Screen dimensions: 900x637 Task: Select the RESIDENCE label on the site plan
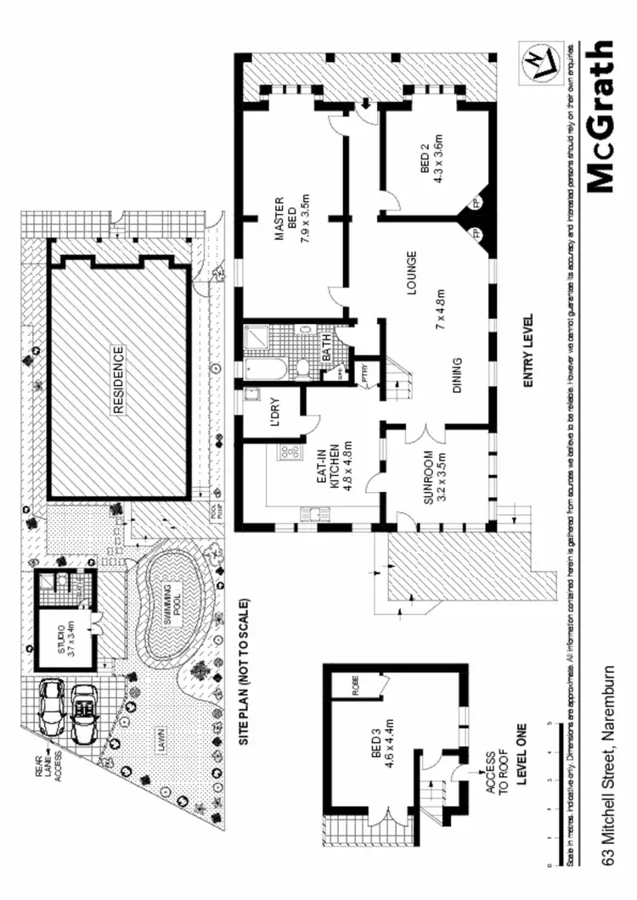point(118,379)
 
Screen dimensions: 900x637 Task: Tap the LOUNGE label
point(410,273)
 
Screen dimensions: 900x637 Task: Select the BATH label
point(326,353)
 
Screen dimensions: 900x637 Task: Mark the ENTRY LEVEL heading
point(528,351)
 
